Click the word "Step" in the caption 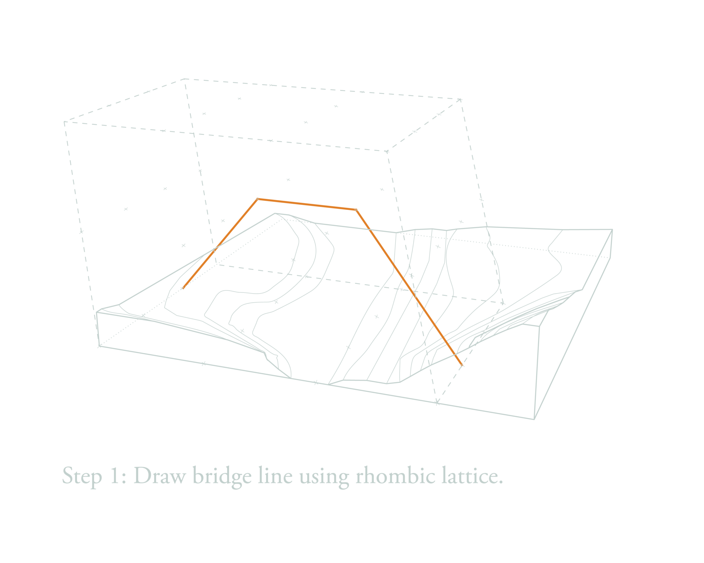coord(82,476)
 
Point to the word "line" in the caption coord(275,475)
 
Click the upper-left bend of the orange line coord(257,199)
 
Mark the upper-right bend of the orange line coord(356,209)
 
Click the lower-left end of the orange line coord(183,288)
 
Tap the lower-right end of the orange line coord(462,365)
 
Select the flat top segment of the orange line coord(307,204)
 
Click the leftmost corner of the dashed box coord(64,122)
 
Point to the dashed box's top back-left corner coord(185,79)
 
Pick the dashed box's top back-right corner coord(460,100)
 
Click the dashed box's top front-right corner coord(387,151)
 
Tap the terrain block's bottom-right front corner coord(534,419)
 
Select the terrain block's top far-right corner coord(612,229)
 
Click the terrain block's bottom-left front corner coord(99,346)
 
